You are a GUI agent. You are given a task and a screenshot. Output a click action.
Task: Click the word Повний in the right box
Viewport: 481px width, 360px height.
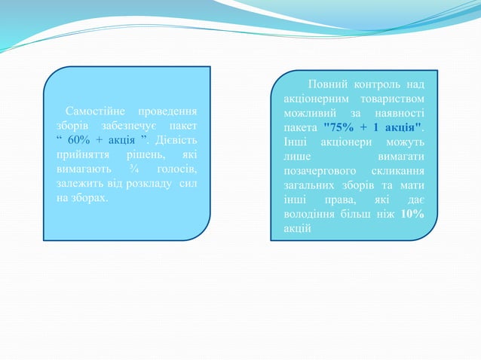tap(327, 83)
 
